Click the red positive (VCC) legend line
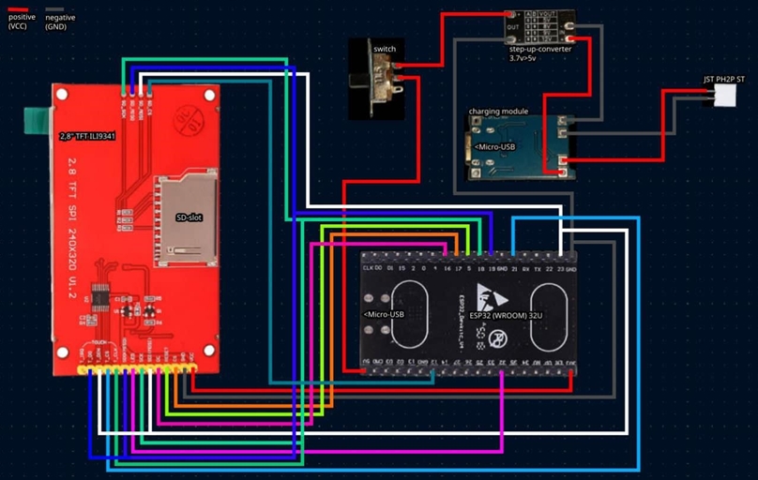click(x=19, y=8)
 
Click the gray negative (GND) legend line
click(x=54, y=8)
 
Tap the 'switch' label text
click(x=384, y=48)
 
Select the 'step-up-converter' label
click(x=540, y=48)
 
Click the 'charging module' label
click(x=498, y=111)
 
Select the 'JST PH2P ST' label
click(x=725, y=80)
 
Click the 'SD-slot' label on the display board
click(x=189, y=217)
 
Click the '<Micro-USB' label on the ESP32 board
click(x=386, y=314)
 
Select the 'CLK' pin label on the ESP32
click(x=369, y=268)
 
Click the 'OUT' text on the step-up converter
click(x=512, y=27)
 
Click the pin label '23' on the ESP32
click(x=560, y=268)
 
